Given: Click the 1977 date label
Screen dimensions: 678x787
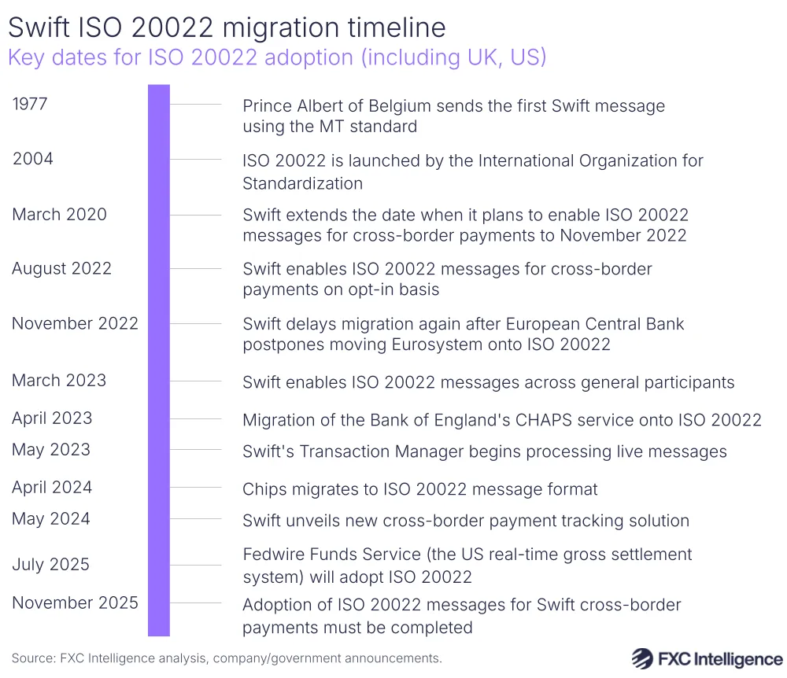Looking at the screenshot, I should coord(30,104).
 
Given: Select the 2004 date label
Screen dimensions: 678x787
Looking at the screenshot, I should coord(33,159).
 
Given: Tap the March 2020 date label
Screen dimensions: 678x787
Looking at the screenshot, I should coord(59,214).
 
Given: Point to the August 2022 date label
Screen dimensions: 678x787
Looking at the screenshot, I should coord(61,269).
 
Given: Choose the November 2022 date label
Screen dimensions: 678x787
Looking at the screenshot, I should coord(75,323).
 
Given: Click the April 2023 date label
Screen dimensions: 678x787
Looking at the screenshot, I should coord(52,418).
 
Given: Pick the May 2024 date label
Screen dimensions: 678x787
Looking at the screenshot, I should coord(50,519).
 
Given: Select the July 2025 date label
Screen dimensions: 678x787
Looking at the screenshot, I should coord(50,565).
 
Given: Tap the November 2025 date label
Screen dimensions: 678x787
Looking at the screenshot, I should coord(75,603).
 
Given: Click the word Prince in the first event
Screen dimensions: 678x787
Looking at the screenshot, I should coord(266,106).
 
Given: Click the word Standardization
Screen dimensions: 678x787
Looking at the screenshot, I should coord(302,184).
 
